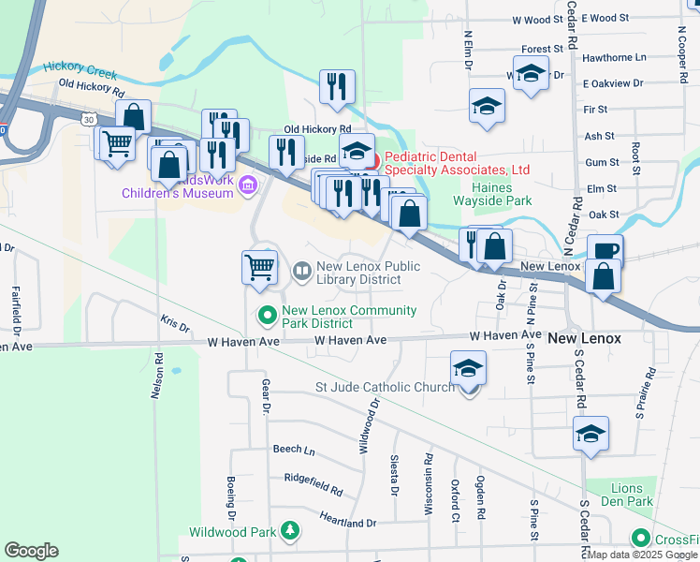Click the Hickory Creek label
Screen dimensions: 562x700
83,69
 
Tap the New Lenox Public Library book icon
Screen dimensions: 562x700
302,273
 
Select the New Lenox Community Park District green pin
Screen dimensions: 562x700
267,317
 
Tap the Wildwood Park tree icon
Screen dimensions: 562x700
291,531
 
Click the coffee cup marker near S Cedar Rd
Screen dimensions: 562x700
604,251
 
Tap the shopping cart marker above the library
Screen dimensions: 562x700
260,266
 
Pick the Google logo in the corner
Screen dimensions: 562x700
31,551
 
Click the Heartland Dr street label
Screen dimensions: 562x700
347,522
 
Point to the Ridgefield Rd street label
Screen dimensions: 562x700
314,483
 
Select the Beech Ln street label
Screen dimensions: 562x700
294,450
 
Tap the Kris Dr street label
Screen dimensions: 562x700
174,325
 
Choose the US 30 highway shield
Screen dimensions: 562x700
88,120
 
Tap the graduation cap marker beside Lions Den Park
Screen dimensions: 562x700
591,434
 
